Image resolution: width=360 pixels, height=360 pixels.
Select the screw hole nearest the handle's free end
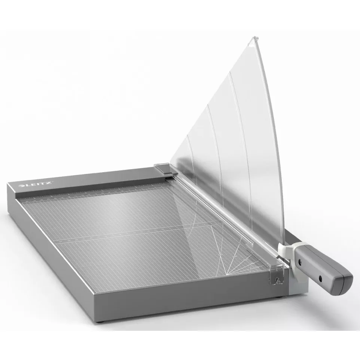coord(320,278)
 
